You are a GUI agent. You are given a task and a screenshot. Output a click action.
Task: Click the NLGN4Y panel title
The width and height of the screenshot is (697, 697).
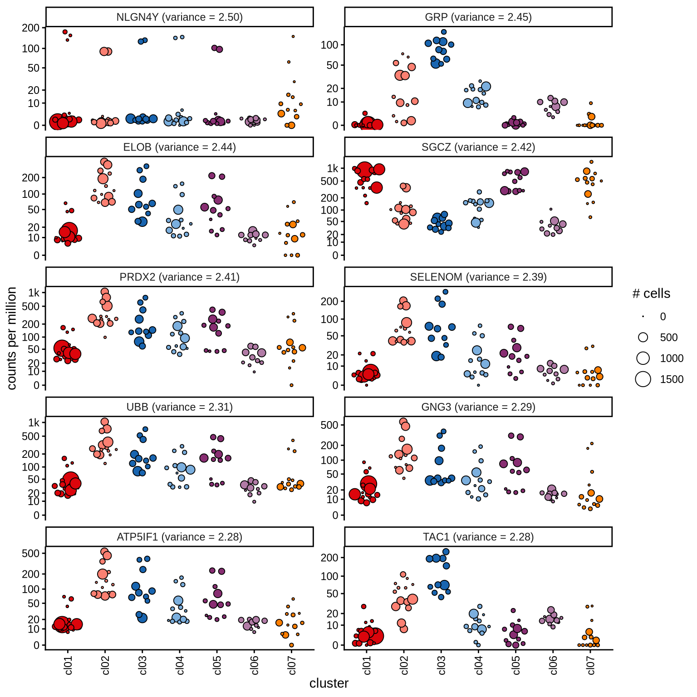(x=179, y=17)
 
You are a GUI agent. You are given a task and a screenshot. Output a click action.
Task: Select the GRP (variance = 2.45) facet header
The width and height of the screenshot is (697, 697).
(x=478, y=17)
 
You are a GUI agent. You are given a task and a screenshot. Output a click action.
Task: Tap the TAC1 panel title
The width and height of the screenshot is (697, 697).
(x=478, y=537)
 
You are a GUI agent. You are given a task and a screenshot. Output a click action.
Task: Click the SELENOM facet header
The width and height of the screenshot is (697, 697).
(x=478, y=277)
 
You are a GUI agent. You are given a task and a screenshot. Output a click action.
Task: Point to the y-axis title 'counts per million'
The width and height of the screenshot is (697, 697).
(x=12, y=338)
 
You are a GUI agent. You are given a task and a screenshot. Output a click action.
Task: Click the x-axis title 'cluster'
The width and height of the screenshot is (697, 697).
(x=329, y=683)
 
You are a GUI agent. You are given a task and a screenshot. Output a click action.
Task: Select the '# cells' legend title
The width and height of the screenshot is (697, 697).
(x=651, y=294)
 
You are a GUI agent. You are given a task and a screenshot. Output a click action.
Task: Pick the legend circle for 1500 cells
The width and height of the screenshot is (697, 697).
(x=643, y=379)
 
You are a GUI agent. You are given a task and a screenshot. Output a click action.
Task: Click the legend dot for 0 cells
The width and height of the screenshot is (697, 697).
(x=643, y=316)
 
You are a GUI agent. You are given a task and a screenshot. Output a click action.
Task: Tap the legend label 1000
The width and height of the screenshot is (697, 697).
(x=672, y=358)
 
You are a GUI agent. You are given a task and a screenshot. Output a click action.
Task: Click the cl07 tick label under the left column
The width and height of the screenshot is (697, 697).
(x=292, y=665)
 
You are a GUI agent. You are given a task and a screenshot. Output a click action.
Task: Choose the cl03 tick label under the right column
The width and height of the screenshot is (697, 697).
(x=442, y=665)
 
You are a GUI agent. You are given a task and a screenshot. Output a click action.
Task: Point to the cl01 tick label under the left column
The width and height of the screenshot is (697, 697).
(x=68, y=665)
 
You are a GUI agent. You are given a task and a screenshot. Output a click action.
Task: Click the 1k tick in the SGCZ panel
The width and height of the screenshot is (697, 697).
(x=333, y=169)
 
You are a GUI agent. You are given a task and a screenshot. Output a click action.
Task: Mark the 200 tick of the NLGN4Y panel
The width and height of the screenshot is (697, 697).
(x=31, y=28)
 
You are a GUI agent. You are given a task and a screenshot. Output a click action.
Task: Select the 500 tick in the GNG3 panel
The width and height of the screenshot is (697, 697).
(x=329, y=425)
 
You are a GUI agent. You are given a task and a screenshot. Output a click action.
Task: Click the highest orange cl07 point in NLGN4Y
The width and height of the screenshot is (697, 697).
(x=293, y=36)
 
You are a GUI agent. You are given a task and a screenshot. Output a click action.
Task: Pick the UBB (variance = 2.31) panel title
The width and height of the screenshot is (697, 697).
(x=179, y=407)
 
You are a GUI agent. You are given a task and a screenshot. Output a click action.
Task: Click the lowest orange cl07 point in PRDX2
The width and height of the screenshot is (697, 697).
(x=291, y=385)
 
